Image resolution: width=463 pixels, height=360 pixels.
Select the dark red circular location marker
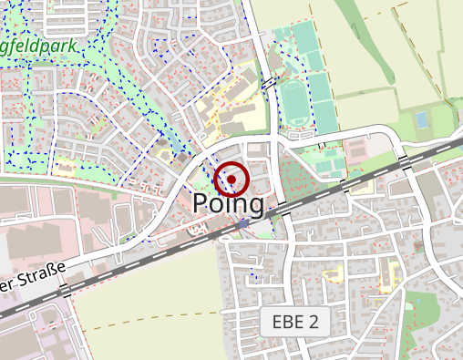coord(231,180)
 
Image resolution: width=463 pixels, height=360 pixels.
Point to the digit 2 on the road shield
coord(314,322)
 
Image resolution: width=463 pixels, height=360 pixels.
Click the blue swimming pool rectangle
coord(421,119)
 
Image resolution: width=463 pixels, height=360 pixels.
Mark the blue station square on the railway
coord(243,223)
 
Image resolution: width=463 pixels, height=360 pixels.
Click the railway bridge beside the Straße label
coord(66,291)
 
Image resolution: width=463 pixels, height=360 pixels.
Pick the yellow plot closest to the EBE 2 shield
coord(332,274)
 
